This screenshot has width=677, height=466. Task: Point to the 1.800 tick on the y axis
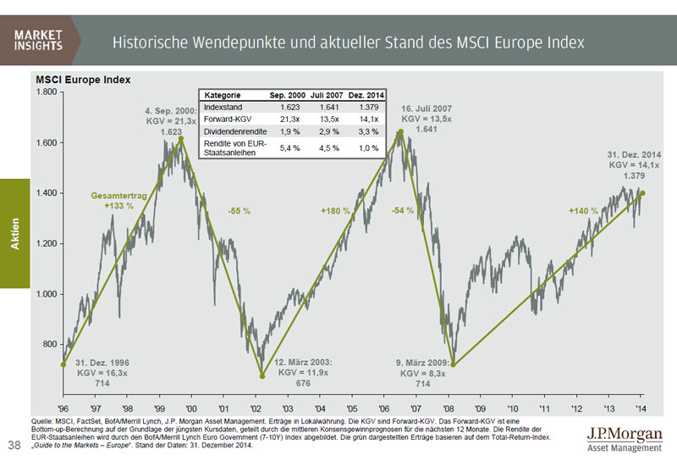tap(45, 92)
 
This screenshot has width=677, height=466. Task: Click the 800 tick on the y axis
tap(49, 345)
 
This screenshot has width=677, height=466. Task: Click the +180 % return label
tap(335, 210)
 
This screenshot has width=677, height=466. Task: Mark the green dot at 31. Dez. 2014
tap(642, 193)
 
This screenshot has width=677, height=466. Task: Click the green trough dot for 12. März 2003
tap(261, 376)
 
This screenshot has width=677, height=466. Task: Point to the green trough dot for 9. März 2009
tap(454, 365)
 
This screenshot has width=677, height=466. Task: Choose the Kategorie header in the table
tap(221, 97)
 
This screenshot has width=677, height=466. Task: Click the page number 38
tap(14, 445)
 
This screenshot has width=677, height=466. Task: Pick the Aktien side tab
tap(14, 233)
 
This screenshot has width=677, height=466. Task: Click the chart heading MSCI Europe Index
tap(82, 80)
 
